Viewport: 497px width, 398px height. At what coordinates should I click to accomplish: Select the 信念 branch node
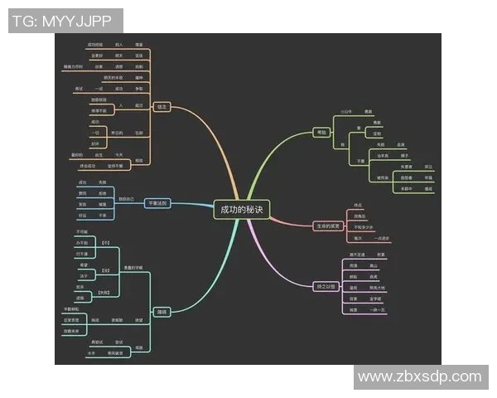pos(162,107)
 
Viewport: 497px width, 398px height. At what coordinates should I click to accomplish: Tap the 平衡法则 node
pos(157,203)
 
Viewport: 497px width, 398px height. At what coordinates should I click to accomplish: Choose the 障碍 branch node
pos(162,312)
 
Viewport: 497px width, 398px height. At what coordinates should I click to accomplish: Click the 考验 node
pos(321,133)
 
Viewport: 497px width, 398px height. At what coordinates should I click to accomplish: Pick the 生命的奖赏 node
pos(329,226)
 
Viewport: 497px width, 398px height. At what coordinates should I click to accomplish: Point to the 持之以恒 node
pos(326,287)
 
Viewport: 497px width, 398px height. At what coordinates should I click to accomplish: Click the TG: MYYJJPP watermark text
pos(65,21)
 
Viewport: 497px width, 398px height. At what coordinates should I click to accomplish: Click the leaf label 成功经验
pos(95,43)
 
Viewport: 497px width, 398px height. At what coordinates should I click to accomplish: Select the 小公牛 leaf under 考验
pos(346,110)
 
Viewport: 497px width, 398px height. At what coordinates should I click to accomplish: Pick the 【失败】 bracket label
pos(105,292)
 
